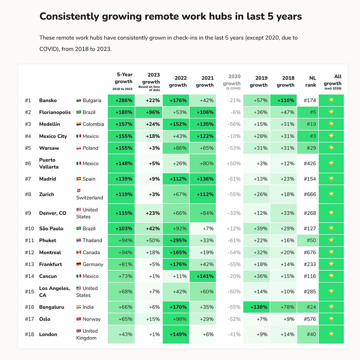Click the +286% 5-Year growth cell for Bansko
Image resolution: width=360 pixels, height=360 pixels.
[124, 100]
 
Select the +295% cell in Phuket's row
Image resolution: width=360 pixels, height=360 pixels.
[178, 240]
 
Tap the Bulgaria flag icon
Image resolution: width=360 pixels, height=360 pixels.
[79, 100]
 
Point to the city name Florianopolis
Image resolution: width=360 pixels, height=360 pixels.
[55, 112]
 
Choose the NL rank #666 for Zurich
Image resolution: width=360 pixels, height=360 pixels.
[310, 194]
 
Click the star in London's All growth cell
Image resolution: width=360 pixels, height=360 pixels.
[331, 334]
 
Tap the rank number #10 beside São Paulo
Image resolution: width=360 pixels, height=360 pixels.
[29, 229]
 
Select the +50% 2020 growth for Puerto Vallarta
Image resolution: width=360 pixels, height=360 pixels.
[234, 163]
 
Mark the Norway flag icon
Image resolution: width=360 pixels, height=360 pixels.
[79, 319]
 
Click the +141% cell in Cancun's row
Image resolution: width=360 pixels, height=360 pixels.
[205, 276]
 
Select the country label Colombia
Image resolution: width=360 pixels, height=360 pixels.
[93, 124]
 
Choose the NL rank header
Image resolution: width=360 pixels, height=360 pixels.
[312, 81]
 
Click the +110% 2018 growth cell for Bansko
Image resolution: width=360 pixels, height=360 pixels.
[285, 100]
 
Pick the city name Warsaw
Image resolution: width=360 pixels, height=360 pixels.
[49, 148]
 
